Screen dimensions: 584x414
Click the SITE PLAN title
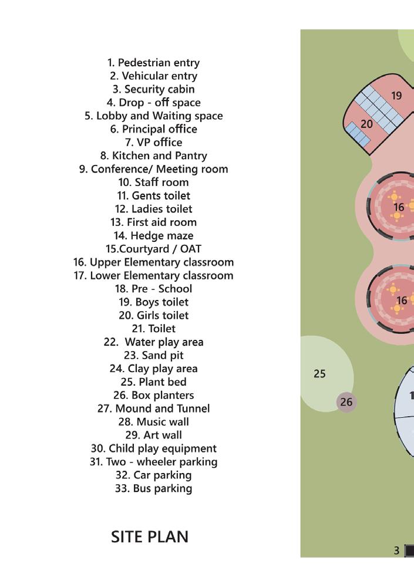coord(150,536)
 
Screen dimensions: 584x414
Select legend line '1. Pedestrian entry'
coord(153,63)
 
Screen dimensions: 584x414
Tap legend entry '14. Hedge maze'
coord(153,235)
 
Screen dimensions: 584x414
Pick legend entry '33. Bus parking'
coord(153,488)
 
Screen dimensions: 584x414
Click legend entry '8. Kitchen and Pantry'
coord(153,156)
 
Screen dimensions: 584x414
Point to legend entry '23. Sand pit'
coord(153,355)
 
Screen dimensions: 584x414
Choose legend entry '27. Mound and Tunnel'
coord(153,409)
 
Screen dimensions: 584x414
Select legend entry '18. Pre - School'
coord(153,289)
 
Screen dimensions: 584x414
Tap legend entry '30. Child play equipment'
coord(153,448)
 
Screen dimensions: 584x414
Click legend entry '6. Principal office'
coord(153,129)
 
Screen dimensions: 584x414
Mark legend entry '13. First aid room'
coord(153,222)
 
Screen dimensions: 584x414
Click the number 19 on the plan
coord(396,96)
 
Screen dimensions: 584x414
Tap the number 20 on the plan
coord(366,124)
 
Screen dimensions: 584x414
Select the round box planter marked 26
coord(346,402)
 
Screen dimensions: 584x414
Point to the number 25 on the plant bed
coord(319,374)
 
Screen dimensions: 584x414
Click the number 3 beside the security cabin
coord(397,551)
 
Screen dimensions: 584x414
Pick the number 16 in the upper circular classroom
coord(399,207)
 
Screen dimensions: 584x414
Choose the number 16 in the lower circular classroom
coord(402,301)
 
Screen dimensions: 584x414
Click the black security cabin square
coord(409,551)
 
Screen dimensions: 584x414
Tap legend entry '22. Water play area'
coord(153,342)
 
